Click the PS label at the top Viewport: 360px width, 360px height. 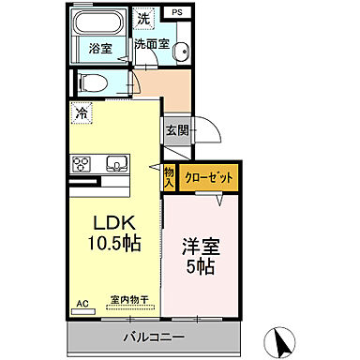175,12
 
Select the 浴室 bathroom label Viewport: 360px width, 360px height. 101,48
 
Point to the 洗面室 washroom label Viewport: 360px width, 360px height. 151,43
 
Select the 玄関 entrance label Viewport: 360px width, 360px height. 177,131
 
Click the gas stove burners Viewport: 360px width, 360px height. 81,163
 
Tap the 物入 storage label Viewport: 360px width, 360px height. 169,177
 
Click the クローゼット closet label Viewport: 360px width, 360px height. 208,177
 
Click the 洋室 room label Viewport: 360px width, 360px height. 199,249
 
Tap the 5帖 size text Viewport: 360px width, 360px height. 199,269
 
